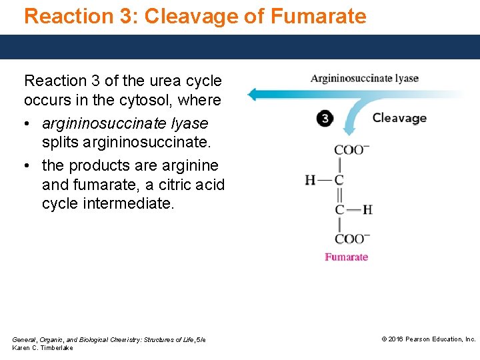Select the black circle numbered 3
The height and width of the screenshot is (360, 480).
tap(325, 119)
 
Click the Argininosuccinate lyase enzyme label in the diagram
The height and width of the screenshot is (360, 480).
tap(364, 79)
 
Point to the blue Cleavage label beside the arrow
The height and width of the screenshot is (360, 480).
tap(399, 118)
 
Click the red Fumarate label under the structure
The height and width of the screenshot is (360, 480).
tap(346, 257)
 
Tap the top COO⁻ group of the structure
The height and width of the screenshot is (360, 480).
tap(351, 150)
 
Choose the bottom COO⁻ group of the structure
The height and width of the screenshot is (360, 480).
tap(351, 239)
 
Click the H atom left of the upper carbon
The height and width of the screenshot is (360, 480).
tap(310, 180)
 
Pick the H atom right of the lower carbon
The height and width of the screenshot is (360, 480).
tap(367, 209)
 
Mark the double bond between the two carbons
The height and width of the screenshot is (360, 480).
tap(339, 195)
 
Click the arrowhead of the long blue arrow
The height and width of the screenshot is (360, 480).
tap(250, 93)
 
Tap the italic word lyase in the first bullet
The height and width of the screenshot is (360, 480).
tap(189, 123)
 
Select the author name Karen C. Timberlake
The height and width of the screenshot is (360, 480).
tap(43, 348)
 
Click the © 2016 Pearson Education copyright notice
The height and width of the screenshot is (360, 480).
tap(429, 339)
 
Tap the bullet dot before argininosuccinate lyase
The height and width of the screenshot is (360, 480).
tap(29, 124)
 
